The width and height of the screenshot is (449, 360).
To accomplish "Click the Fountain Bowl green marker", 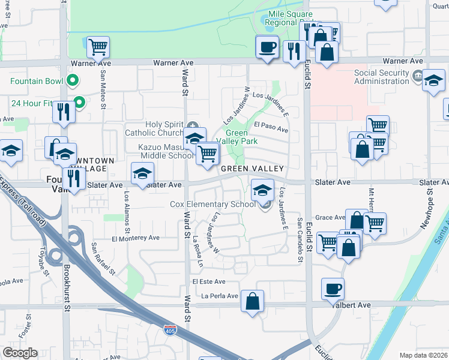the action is [73, 79].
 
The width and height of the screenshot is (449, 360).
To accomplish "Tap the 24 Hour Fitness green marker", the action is [77, 101].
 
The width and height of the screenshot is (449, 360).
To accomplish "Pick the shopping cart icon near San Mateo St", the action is [98, 46].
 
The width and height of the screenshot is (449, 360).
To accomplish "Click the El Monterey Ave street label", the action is [135, 238].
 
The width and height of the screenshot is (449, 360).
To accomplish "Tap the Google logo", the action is [20, 353].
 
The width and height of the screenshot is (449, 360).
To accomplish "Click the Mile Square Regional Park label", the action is [291, 18].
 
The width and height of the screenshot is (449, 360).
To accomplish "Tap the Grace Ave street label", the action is [330, 217].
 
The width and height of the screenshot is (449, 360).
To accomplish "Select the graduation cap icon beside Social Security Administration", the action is [433, 80].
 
